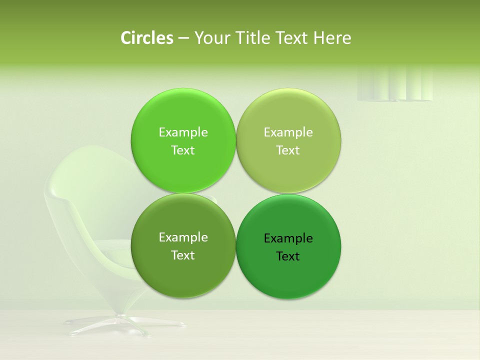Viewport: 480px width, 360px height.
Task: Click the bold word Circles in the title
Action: point(147,38)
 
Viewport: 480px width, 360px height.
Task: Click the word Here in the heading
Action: point(332,38)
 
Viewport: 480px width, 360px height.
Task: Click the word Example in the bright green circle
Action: point(183,132)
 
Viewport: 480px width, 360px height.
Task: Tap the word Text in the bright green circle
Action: point(183,150)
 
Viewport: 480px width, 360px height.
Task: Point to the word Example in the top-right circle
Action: point(288,132)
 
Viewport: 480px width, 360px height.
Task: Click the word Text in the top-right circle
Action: point(288,150)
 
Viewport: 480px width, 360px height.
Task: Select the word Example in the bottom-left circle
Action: point(183,237)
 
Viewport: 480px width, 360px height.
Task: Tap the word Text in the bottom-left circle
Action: point(183,255)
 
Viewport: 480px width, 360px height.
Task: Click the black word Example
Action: point(288,238)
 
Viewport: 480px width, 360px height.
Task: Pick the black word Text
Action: point(288,256)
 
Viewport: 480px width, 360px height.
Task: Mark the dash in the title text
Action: point(183,38)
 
